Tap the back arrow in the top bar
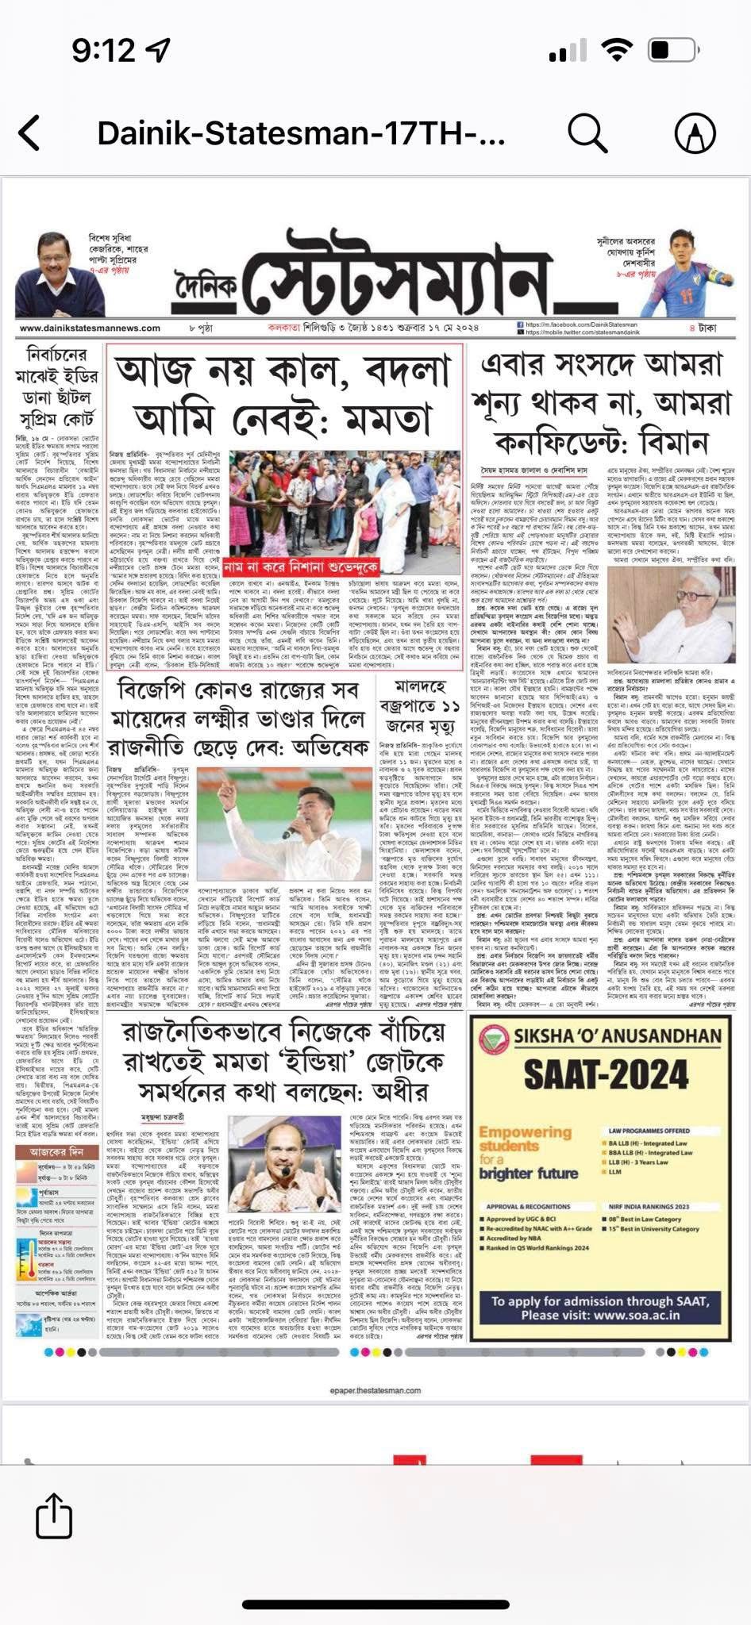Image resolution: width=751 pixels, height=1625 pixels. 30,133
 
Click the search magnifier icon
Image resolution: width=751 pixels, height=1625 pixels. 587,133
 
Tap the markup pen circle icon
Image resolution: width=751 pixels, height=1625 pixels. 695,133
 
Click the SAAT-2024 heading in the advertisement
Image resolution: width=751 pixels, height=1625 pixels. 606,1075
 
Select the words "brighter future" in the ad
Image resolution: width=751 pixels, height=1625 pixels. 528,1174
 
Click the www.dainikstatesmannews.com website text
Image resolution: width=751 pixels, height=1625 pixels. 90,328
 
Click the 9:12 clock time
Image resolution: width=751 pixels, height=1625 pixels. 103,52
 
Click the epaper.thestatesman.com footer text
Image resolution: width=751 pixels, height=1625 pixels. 375,1390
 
